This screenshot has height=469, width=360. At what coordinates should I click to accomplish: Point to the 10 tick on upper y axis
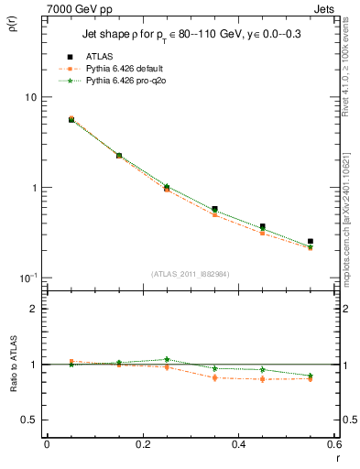coord(29,97)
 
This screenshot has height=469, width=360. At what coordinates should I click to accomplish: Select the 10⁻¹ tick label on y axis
coord(27,277)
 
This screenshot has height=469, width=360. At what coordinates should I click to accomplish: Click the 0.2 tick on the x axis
coord(142,445)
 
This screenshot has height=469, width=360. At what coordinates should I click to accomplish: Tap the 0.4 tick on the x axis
coord(238,445)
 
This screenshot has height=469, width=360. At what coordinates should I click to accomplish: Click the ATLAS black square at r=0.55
coord(311,242)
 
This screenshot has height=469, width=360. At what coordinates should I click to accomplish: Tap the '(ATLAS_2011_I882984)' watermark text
coord(190,274)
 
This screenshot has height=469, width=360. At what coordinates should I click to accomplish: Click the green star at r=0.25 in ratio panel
coord(167,359)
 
